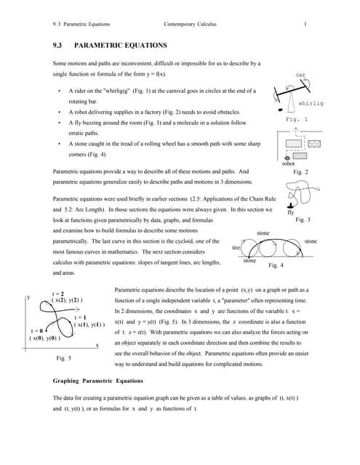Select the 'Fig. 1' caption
(297, 119)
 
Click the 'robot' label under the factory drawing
(287, 164)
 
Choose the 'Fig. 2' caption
(300, 172)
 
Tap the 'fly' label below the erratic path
(290, 212)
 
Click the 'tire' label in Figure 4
(236, 248)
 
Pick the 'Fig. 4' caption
(277, 266)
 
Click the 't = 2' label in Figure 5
(57, 294)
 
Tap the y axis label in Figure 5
(28, 297)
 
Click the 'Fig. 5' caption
(64, 358)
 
